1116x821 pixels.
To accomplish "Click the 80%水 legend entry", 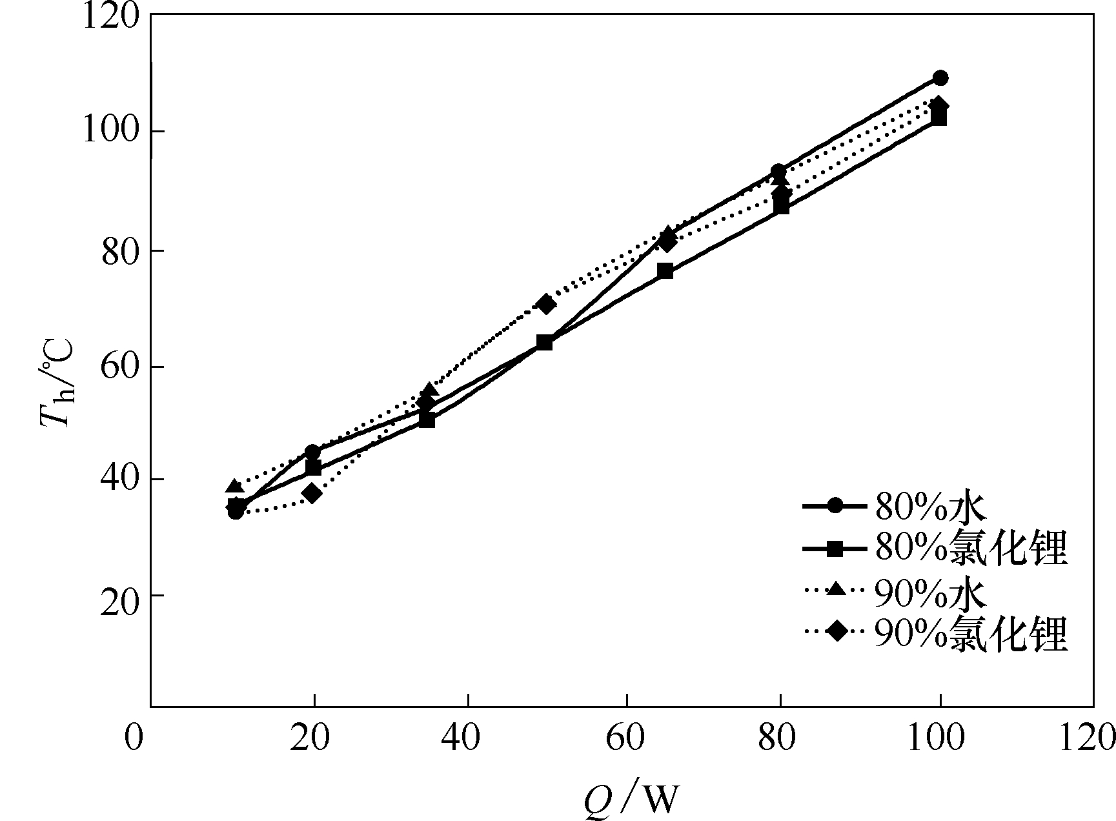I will (929, 507).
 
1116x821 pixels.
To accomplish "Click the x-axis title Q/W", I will (631, 799).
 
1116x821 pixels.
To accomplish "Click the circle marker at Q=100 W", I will (940, 78).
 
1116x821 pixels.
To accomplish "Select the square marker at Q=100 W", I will (940, 118).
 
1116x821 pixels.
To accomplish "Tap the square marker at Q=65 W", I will (665, 271).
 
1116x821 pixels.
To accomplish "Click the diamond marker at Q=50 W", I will (547, 304).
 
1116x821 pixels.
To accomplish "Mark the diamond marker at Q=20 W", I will (312, 494).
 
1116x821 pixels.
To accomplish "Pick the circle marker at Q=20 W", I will (312, 452).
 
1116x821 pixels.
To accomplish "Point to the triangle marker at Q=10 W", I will (235, 486).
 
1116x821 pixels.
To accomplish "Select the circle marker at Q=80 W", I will (778, 172).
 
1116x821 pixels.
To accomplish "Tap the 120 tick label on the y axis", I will (110, 16).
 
